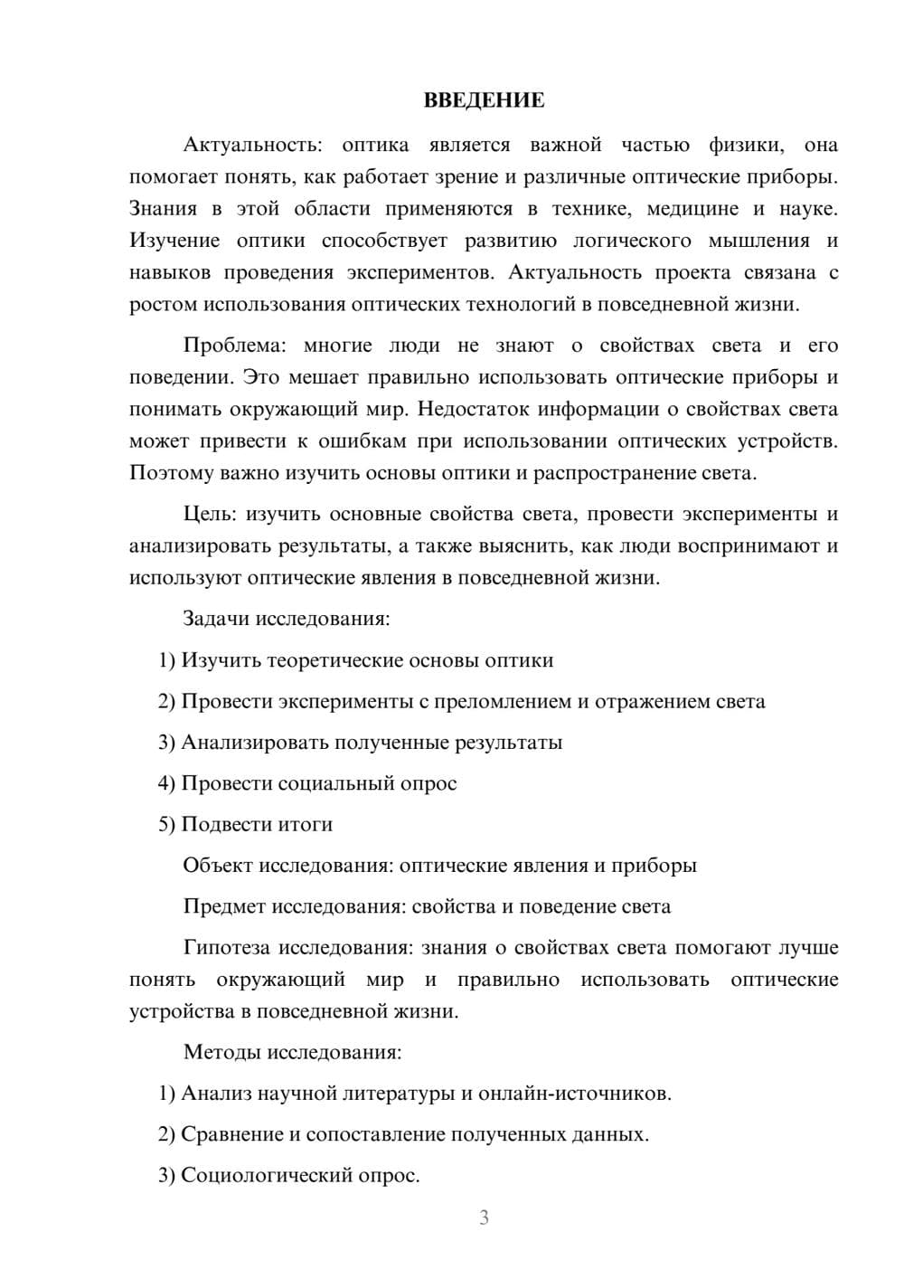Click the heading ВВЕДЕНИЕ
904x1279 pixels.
pos(484,100)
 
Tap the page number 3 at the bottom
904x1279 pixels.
pos(484,1217)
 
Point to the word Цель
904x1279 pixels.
pos(209,515)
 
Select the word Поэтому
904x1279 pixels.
pos(172,473)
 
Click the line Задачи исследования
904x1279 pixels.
pos(287,619)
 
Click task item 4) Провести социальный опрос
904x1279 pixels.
pos(307,783)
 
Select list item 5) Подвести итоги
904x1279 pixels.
pos(245,824)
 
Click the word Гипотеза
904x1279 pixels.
pos(227,948)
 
